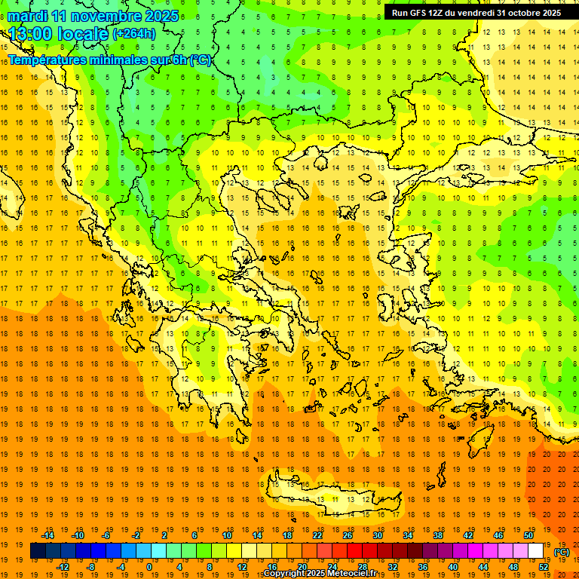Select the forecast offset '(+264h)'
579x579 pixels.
(x=134, y=33)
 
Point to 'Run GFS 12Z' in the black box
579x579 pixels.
(x=418, y=13)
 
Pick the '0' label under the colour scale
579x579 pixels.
(x=149, y=567)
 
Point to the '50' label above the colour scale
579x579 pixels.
(x=529, y=535)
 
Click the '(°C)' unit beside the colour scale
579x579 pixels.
(x=562, y=552)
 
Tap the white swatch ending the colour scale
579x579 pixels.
(x=536, y=551)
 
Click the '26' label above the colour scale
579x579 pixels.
(x=348, y=535)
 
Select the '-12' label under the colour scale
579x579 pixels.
(x=63, y=567)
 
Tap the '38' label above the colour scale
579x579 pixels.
(x=438, y=535)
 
